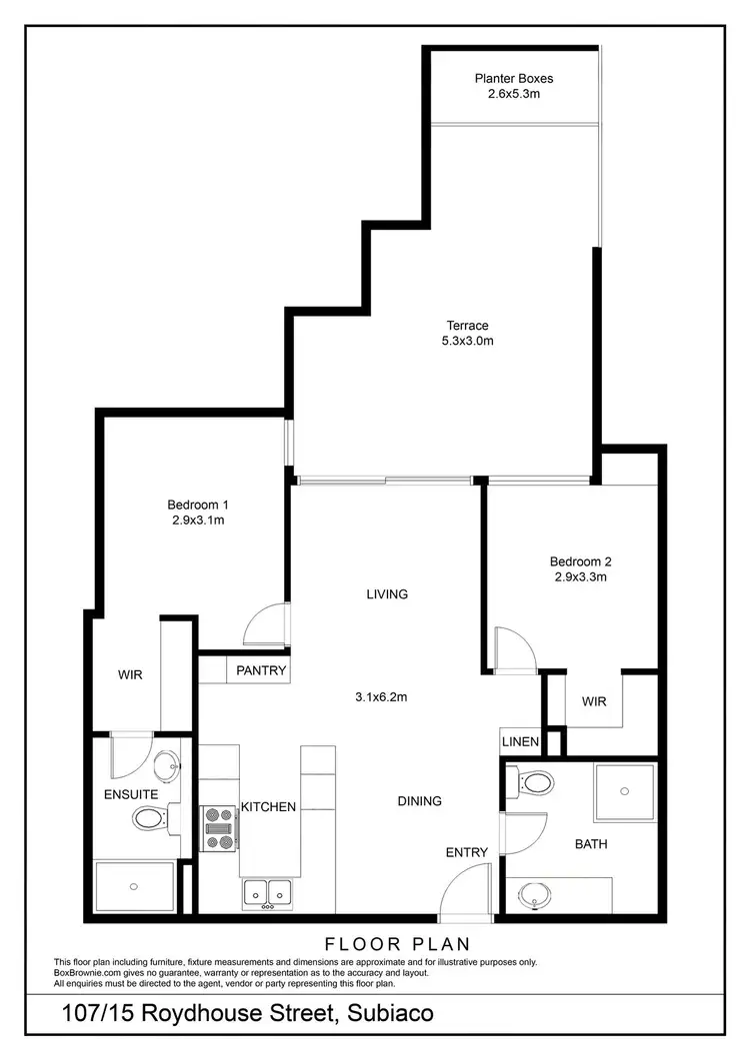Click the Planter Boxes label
point(513,78)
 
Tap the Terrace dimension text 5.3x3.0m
point(468,341)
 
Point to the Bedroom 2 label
point(581,560)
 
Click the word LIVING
point(387,594)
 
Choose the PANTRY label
point(261,670)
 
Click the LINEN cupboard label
point(520,742)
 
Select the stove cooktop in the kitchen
point(218,827)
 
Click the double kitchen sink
point(267,891)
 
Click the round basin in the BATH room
point(538,894)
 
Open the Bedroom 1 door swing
point(265,626)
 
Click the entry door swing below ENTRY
point(462,893)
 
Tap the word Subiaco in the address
point(390,1013)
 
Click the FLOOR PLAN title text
point(397,943)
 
